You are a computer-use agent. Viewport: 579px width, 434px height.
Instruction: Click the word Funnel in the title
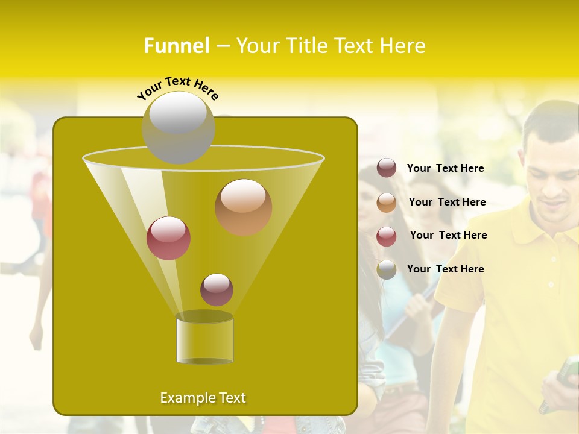coord(176,46)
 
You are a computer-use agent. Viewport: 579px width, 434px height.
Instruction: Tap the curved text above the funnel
coord(177,88)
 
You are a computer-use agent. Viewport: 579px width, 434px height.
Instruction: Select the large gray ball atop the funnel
coord(178,128)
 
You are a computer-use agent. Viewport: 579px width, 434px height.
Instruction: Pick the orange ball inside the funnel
coord(243,207)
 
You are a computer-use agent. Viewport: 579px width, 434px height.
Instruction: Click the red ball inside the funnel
coord(168,238)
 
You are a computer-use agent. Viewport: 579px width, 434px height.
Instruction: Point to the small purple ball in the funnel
coord(217,289)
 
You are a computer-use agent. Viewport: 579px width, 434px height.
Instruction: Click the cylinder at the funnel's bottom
coord(204,339)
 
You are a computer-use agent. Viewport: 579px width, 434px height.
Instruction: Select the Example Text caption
coord(203,398)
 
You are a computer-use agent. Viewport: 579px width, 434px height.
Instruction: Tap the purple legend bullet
coord(387,168)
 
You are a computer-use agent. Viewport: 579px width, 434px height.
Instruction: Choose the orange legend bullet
coord(387,203)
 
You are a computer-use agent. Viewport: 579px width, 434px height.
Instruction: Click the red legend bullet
coord(387,236)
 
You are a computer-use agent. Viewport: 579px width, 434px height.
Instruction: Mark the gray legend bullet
coord(387,269)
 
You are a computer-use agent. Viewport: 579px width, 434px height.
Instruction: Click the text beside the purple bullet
coord(445,168)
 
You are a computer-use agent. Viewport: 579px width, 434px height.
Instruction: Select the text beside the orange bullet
coord(447,202)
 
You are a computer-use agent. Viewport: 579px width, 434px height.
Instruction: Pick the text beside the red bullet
coord(448,235)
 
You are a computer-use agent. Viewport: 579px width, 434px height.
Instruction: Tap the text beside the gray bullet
coord(445,269)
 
